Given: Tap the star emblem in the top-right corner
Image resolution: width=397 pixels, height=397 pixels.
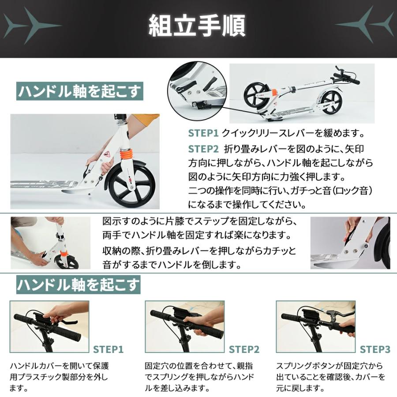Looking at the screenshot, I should (x=367, y=25).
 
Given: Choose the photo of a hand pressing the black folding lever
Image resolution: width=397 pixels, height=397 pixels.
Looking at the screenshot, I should (x=350, y=243).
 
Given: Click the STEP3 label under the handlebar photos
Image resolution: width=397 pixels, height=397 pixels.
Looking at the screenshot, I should (x=375, y=350).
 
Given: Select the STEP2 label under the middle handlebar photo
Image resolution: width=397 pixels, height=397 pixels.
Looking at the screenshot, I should (x=244, y=350).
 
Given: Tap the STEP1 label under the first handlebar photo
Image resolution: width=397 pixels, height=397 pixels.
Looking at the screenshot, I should (x=108, y=350).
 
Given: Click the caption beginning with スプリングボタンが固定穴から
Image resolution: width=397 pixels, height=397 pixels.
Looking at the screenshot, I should (x=330, y=377).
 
